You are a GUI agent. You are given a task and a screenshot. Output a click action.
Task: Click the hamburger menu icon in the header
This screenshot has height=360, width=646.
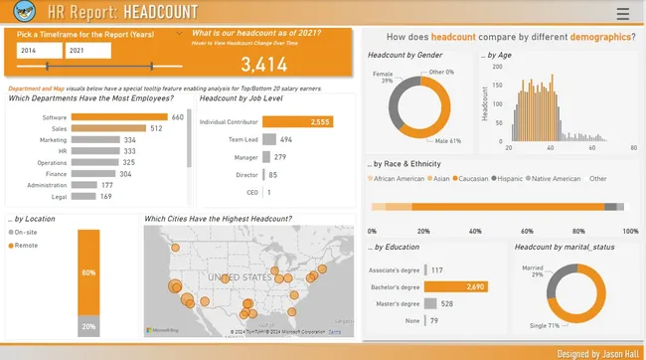click(x=622, y=14)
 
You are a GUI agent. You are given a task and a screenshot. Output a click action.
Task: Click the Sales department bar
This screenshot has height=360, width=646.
click(x=108, y=128)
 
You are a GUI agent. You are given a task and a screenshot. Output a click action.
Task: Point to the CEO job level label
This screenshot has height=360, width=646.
click(x=251, y=192)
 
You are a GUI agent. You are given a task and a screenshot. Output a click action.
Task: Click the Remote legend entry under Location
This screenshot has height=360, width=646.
click(x=25, y=244)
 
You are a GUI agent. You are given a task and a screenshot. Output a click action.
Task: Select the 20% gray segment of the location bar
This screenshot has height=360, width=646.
click(x=88, y=325)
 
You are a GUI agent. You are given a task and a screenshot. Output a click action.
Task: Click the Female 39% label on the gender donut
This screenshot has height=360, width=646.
click(x=382, y=78)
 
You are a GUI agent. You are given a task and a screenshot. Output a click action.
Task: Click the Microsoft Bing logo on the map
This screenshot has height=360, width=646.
click(x=164, y=329)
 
